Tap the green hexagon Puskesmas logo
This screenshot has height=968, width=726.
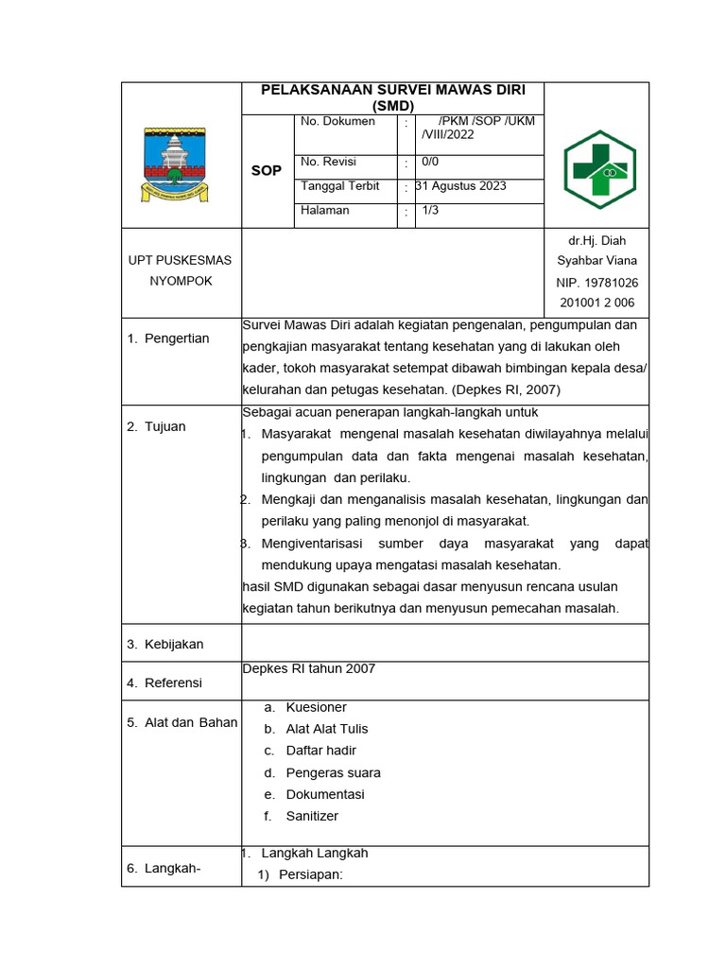pos(600,169)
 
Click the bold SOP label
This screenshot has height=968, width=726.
pos(266,170)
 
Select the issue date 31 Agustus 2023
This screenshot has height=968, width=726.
pos(460,186)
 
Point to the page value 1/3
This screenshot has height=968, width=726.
pos(430,211)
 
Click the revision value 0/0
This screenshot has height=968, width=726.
pos(430,162)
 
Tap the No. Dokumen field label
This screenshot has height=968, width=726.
pos(337,122)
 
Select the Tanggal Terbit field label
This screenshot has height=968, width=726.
pos(339,186)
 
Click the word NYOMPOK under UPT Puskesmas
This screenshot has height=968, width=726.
pos(180,282)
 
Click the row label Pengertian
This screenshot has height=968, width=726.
pos(177,338)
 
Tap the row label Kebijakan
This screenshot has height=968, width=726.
pos(174,645)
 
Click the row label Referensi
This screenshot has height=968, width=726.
pos(173,683)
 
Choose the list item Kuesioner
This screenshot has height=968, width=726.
pos(316,707)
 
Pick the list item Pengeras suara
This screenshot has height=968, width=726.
pos(333,772)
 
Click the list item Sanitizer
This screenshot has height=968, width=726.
pos(312,816)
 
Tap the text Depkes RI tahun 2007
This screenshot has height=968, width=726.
pos(309,668)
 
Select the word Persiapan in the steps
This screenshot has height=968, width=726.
pos(310,874)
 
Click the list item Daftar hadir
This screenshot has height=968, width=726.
pos(321,751)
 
